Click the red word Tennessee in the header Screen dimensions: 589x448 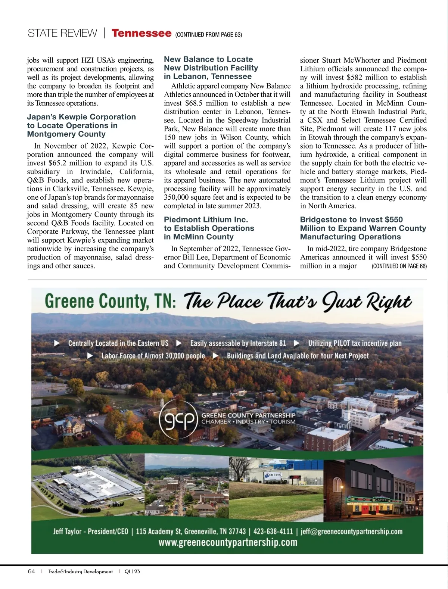[141, 33]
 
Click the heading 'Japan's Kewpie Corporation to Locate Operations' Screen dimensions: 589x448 [81, 125]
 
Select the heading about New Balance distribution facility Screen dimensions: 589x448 [211, 68]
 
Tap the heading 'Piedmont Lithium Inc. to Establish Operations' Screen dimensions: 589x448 [209, 228]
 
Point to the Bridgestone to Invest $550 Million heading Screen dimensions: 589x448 [363, 228]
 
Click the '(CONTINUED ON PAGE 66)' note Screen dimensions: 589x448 [399, 266]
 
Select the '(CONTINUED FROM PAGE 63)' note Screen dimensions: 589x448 [208, 35]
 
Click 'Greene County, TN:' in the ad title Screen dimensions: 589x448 [111, 301]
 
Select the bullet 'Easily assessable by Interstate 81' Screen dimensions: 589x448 [238, 343]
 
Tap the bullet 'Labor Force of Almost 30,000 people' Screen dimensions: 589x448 [153, 356]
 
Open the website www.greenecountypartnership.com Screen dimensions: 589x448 [228, 542]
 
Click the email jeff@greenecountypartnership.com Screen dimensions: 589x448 [351, 531]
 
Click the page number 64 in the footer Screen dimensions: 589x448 [31, 571]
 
